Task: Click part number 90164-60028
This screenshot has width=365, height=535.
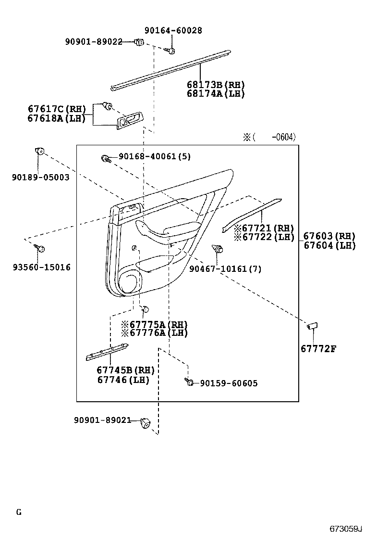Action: click(173, 30)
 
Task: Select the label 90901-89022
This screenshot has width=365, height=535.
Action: click(94, 42)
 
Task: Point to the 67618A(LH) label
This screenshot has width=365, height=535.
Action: click(57, 118)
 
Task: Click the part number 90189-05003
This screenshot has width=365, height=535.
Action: click(41, 177)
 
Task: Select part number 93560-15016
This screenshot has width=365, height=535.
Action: click(41, 267)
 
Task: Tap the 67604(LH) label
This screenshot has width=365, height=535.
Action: click(329, 245)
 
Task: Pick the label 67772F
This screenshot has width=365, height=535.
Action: click(318, 349)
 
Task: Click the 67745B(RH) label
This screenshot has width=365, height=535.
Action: click(125, 370)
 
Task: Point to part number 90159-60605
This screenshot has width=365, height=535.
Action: click(229, 383)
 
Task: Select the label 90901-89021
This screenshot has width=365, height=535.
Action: click(102, 420)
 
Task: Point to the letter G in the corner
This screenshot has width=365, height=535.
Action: click(19, 512)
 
